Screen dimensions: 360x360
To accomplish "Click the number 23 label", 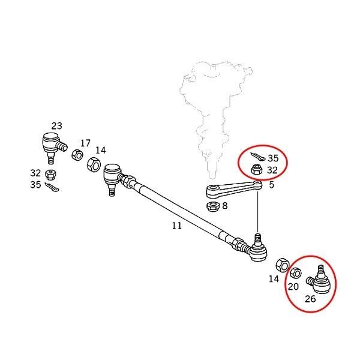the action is click(56, 126).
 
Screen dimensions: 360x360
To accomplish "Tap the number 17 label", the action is click(85, 143).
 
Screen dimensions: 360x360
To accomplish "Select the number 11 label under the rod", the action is click(176, 226).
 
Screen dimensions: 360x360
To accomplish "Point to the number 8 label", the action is click(224, 206).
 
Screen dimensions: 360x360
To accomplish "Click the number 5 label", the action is click(271, 185).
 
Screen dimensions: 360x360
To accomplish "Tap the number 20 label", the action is click(293, 286).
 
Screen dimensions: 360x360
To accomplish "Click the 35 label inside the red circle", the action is click(273, 159).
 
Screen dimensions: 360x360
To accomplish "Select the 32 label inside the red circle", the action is click(272, 170).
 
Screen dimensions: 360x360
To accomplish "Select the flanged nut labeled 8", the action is click(212, 207).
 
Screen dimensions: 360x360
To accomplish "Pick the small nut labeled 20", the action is click(295, 274).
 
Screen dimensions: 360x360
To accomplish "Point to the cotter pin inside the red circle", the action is click(257, 158).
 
